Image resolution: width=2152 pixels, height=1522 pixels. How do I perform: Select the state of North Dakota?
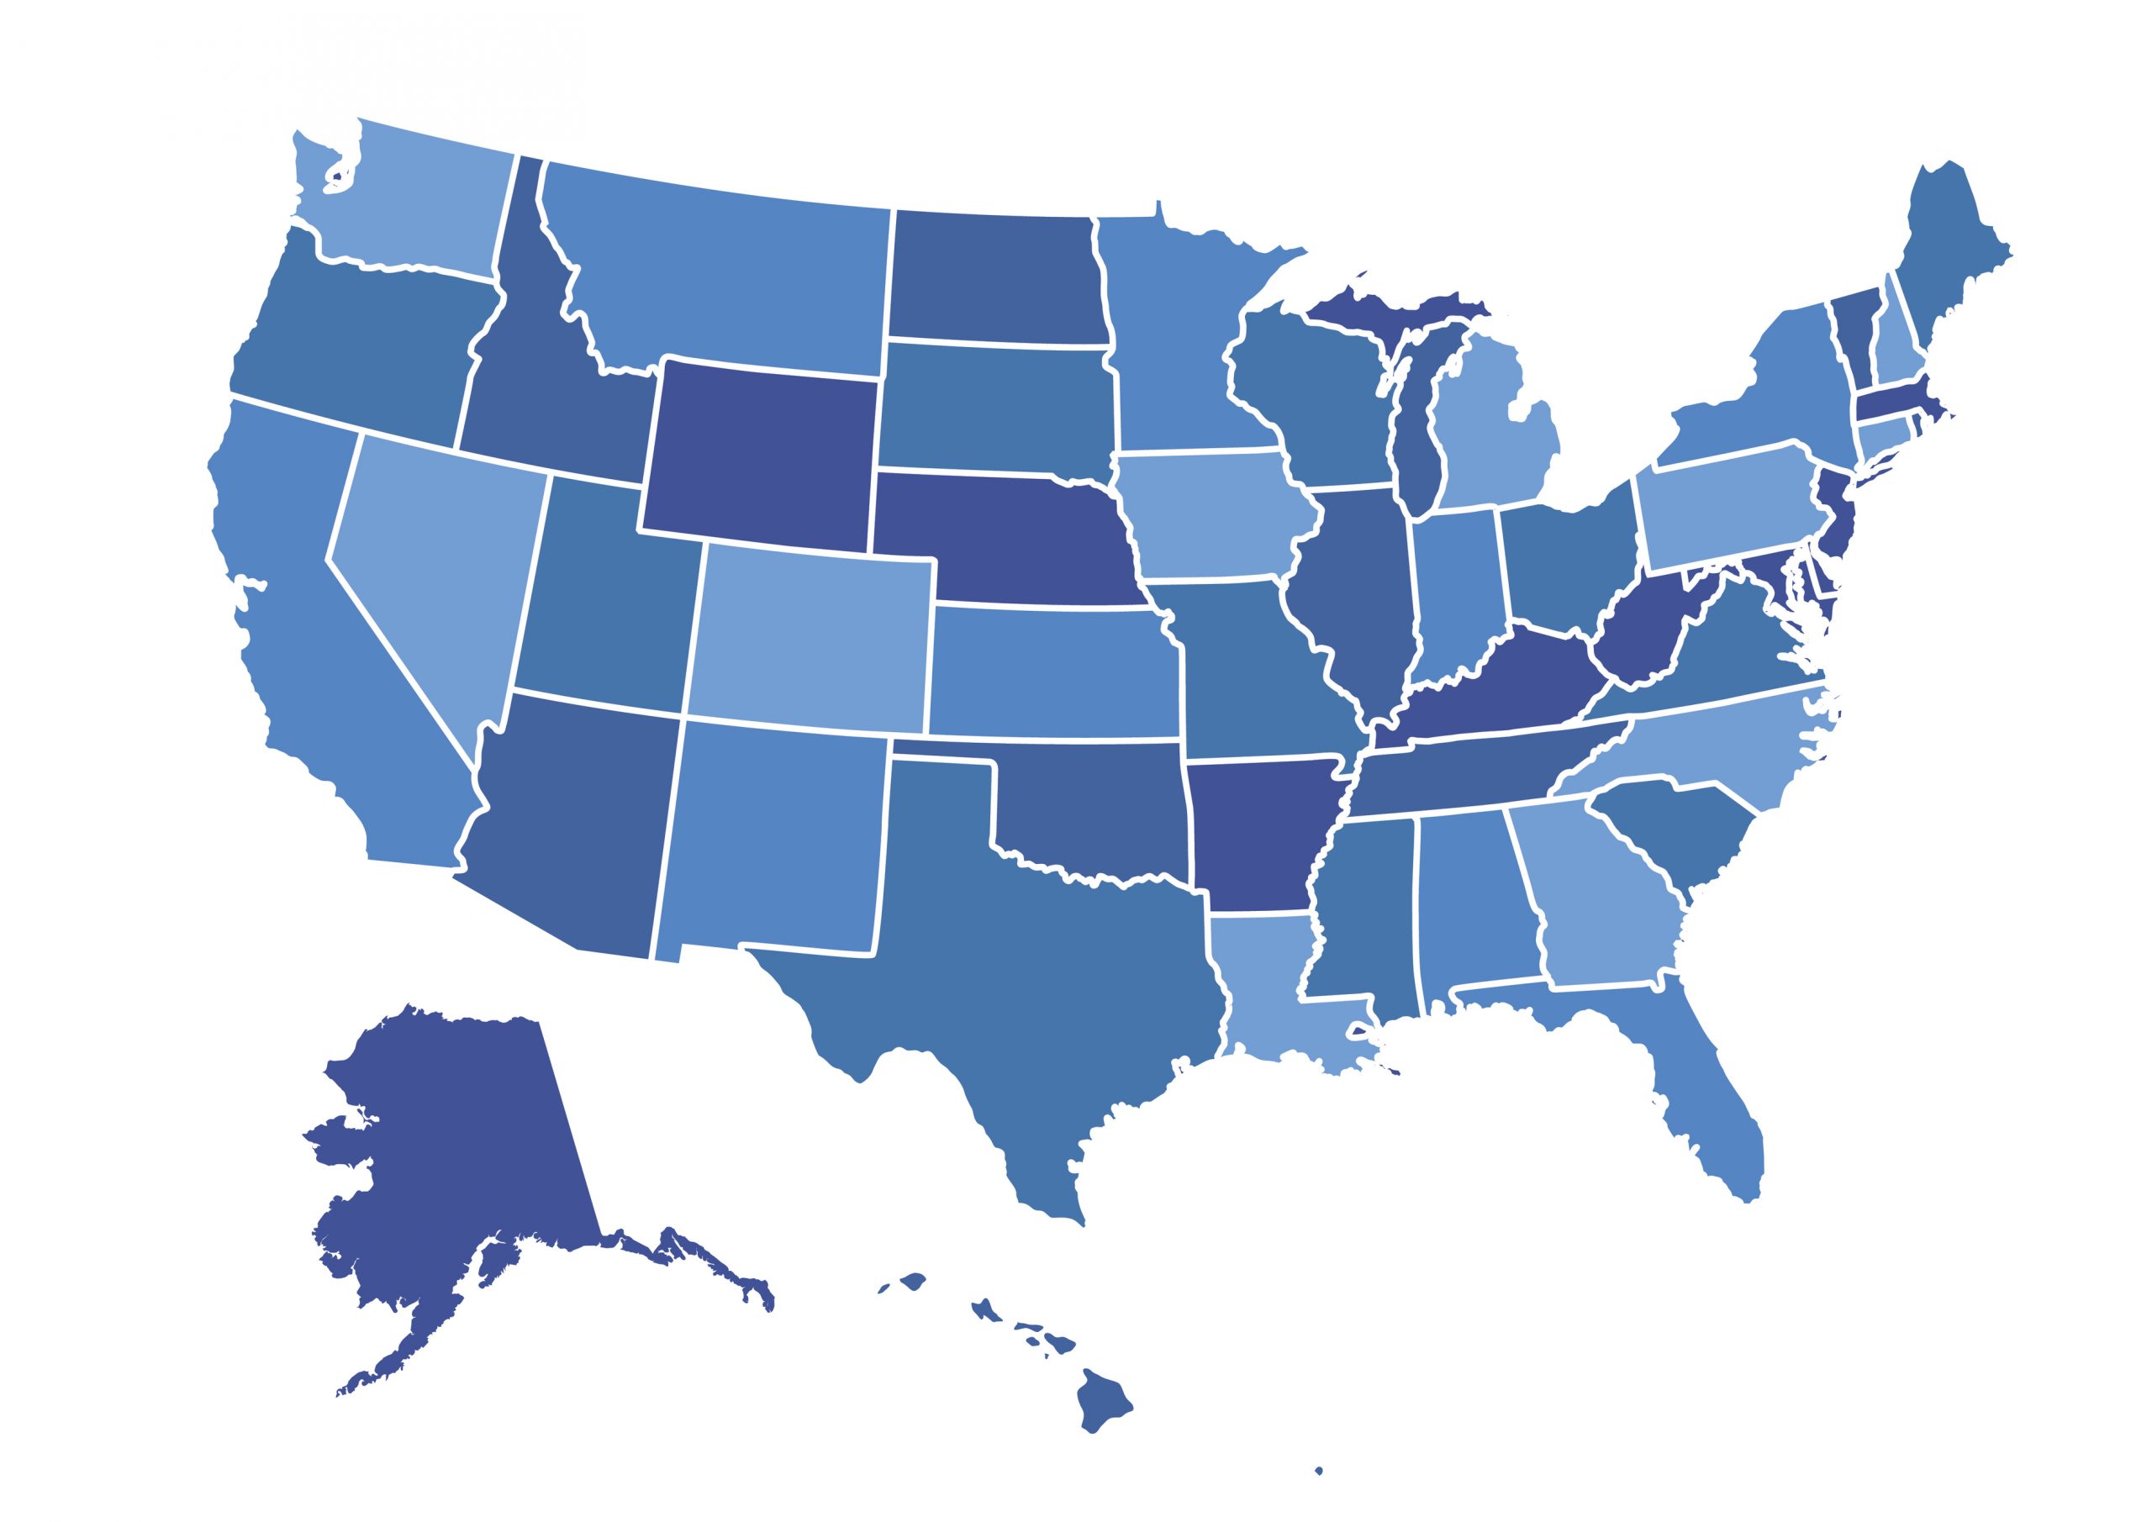tap(994, 276)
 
